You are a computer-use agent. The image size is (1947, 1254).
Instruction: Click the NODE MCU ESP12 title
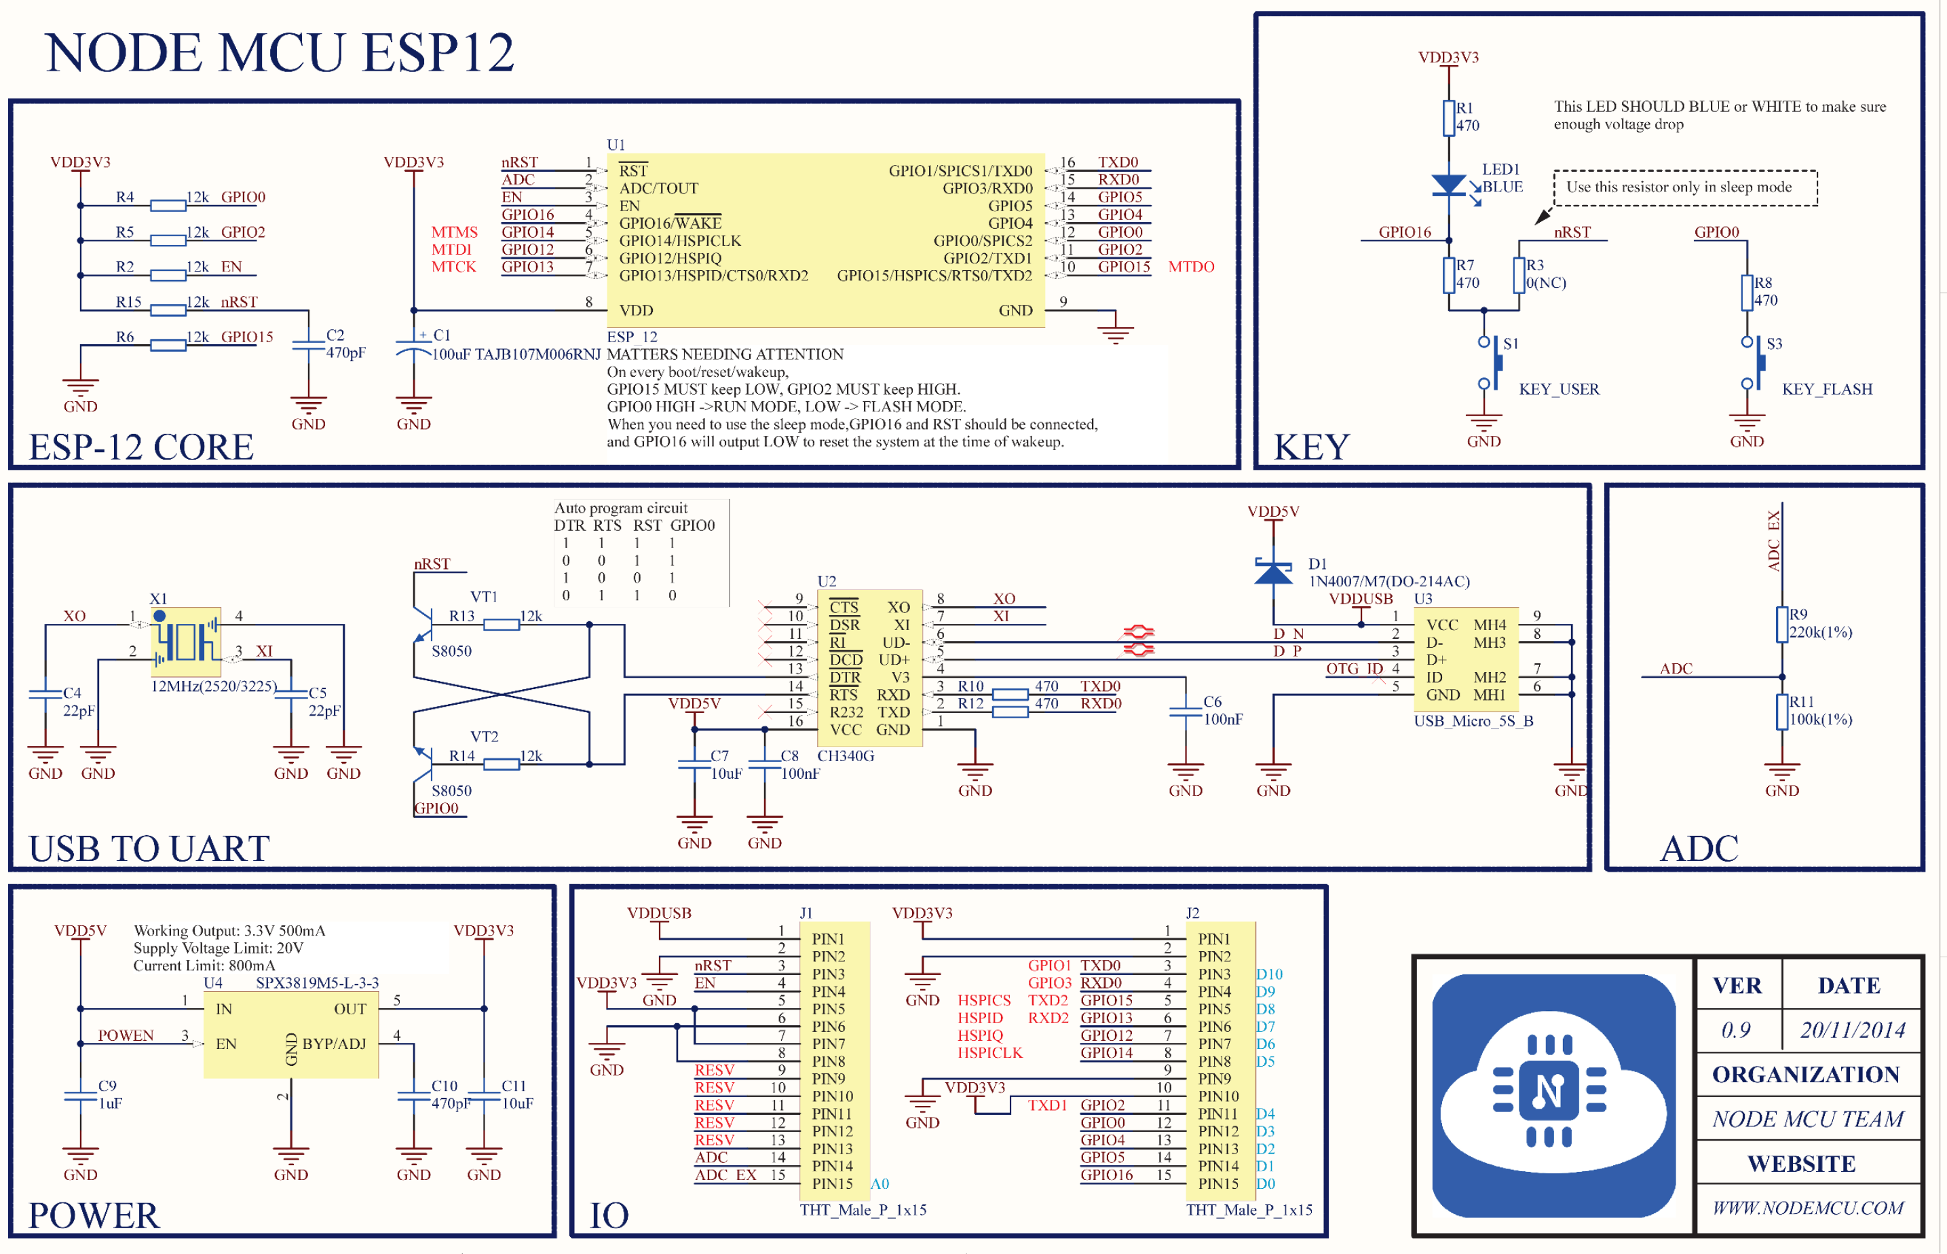pos(279,53)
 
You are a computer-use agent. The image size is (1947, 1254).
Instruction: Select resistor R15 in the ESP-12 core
pos(168,310)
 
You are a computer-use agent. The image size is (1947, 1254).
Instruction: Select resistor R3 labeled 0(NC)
pos(1519,275)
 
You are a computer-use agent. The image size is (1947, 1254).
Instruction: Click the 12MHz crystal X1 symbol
pos(185,641)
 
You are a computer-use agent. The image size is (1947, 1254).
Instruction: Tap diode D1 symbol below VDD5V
pos(1273,572)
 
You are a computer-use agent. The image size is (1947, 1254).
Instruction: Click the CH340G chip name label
pos(845,756)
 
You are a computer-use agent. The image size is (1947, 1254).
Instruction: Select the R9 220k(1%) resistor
pos(1782,624)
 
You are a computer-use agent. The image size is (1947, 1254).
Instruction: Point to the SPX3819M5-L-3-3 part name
pos(317,983)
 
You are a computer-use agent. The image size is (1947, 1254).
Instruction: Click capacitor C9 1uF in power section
pos(81,1095)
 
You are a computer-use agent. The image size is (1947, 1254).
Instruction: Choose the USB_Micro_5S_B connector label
pos(1473,720)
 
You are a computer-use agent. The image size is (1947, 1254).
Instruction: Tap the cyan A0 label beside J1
pos(880,1184)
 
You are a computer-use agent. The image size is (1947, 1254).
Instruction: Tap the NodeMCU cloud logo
pos(1552,1095)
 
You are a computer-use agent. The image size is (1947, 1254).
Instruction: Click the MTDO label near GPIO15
pos(1190,267)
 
